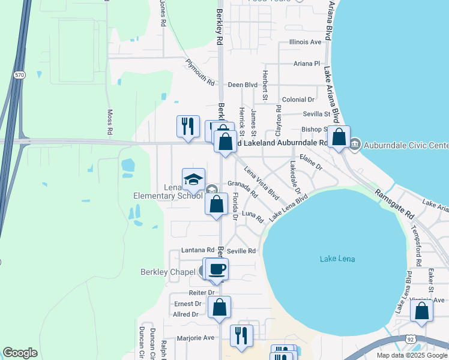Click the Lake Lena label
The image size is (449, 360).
pyautogui.click(x=337, y=259)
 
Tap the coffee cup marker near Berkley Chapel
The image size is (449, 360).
pyautogui.click(x=217, y=269)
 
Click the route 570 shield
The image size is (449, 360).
pyautogui.click(x=19, y=74)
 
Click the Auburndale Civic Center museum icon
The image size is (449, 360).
pyautogui.click(x=355, y=144)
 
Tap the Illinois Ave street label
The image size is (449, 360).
pyautogui.click(x=306, y=42)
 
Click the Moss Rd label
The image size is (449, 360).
pyautogui.click(x=110, y=122)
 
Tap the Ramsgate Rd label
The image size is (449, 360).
pyautogui.click(x=395, y=204)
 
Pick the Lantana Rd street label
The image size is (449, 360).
pyautogui.click(x=197, y=250)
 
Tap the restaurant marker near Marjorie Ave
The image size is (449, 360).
pyautogui.click(x=241, y=335)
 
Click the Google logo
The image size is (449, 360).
pyautogui.click(x=20, y=353)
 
